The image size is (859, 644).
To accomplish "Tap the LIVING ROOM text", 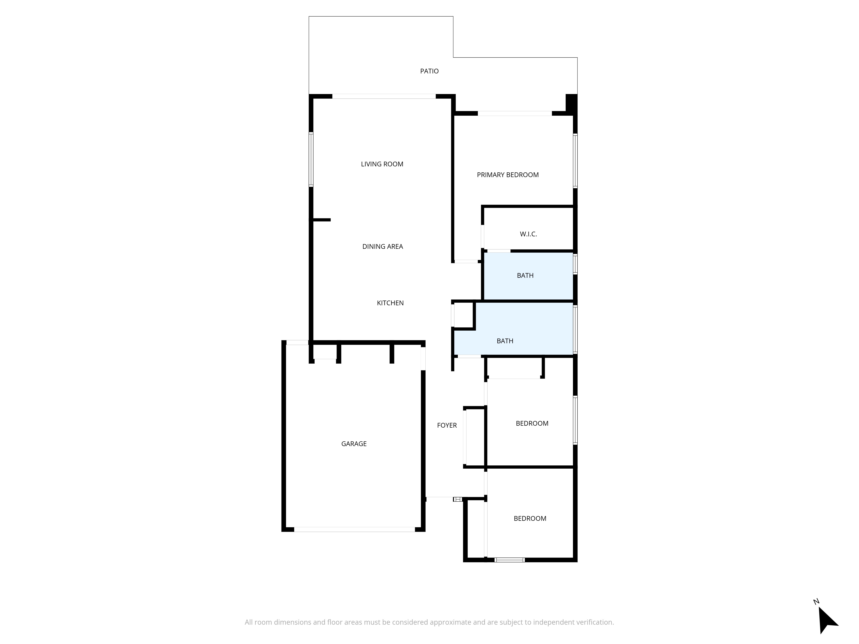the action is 382,164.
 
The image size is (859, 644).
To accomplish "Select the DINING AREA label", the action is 382,246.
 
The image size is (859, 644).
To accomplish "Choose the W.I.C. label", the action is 528,234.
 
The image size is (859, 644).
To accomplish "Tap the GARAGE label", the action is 354,444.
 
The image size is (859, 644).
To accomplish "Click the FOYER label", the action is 447,425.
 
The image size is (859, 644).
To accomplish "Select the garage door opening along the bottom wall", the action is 355,529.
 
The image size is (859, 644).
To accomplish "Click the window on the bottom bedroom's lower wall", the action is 510,560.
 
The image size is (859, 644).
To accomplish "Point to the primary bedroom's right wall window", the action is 575,161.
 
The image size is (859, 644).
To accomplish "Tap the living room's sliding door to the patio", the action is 384,96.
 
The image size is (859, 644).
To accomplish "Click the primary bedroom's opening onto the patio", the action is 515,113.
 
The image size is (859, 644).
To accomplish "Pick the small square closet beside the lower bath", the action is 463,315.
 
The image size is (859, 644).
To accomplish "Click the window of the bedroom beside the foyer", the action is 575,420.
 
